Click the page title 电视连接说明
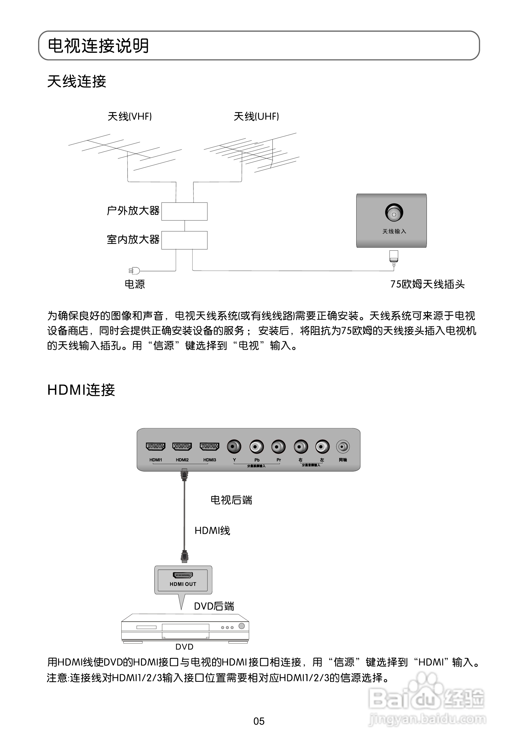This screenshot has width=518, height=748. click(x=98, y=46)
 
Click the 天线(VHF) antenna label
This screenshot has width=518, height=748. click(x=129, y=116)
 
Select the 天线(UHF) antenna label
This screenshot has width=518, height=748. click(x=256, y=116)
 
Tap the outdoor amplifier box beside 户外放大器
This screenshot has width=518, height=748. click(x=184, y=211)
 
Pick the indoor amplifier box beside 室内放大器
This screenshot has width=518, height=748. click(x=184, y=240)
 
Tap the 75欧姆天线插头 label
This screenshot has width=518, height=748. click(x=427, y=284)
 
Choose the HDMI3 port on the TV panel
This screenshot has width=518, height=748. click(x=209, y=447)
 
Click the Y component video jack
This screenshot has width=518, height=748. click(x=234, y=447)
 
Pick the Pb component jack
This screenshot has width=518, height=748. click(x=256, y=447)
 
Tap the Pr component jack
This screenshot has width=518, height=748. click(x=278, y=447)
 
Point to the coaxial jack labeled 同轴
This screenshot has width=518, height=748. click(x=343, y=447)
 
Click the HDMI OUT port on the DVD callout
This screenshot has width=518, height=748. click(x=183, y=575)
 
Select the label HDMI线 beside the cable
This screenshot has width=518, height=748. click(x=212, y=531)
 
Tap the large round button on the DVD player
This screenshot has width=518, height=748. click(x=241, y=626)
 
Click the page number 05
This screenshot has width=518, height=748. click(x=259, y=721)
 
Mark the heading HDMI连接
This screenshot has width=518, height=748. click(x=81, y=390)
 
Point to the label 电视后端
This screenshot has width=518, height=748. click(x=231, y=500)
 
